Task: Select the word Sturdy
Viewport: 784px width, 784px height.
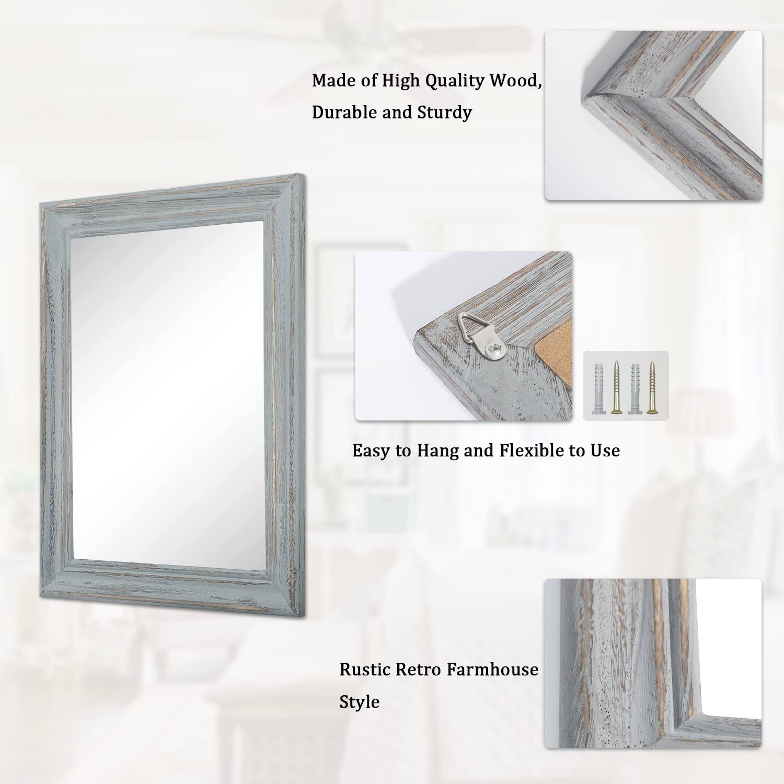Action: coord(444,112)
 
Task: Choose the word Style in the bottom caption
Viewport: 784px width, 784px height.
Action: coord(360,701)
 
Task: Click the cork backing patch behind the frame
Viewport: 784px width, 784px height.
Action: coord(559,361)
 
